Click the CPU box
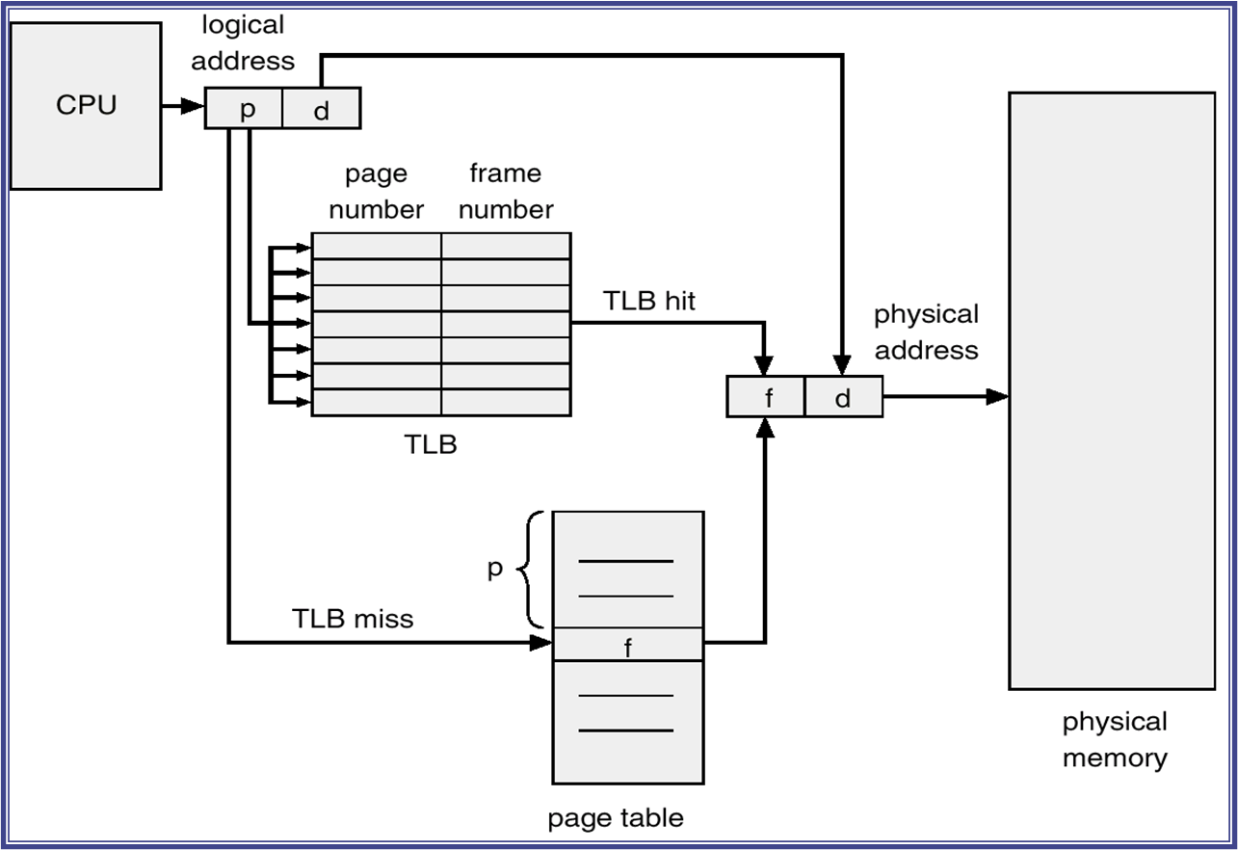pos(86,106)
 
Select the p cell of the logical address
pos(244,108)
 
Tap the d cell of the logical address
pos(322,108)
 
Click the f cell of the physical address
pos(766,396)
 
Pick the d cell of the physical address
pos(844,396)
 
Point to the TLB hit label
pos(648,301)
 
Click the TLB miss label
pos(353,619)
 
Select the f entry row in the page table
pos(628,645)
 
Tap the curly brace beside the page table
pos(530,570)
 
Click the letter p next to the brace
pos(495,569)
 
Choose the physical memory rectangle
pos(1112,391)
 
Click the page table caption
pos(616,818)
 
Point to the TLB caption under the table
pos(431,444)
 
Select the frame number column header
pos(506,192)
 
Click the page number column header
pos(377,192)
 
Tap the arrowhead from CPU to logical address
pos(194,106)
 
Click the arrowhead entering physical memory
pos(998,396)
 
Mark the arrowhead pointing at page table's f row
pos(541,643)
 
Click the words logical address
pos(243,43)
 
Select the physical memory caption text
pos(1115,740)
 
